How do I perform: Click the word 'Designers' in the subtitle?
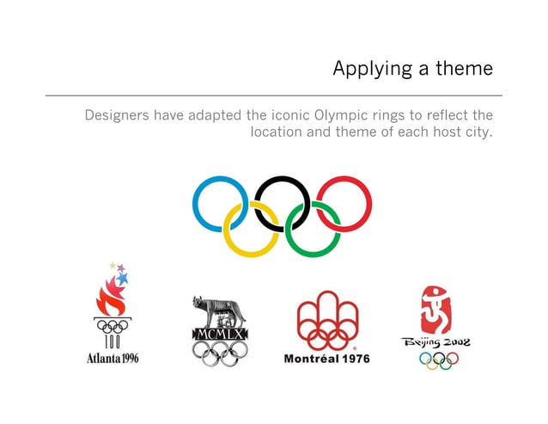pos(116,114)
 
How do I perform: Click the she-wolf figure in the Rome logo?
pos(219,310)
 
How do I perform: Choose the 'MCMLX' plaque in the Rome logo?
pos(219,333)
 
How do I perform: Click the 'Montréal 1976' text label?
pos(327,358)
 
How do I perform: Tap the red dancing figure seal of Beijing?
pos(438,310)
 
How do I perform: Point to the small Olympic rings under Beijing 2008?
pos(438,360)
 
